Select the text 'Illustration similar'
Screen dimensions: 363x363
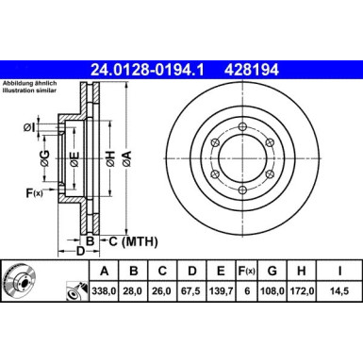(27, 91)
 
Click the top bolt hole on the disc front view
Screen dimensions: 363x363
(242, 128)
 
